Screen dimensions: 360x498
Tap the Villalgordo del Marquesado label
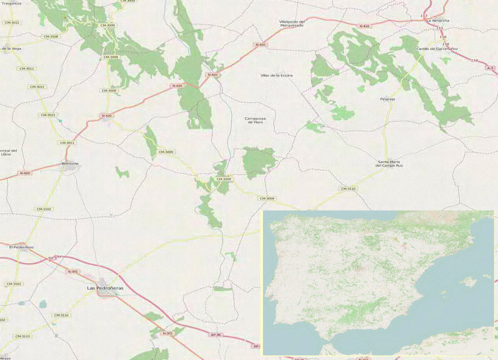pyautogui.click(x=292, y=23)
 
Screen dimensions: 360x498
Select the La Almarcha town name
pyautogui.click(x=438, y=20)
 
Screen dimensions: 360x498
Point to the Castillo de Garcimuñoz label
pyautogui.click(x=437, y=49)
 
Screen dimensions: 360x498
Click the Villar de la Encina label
pyautogui.click(x=276, y=75)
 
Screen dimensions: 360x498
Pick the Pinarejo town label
pyautogui.click(x=388, y=99)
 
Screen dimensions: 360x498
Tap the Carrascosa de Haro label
pyautogui.click(x=255, y=120)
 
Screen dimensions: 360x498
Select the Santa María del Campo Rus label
pyautogui.click(x=389, y=164)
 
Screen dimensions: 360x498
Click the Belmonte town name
pyautogui.click(x=70, y=163)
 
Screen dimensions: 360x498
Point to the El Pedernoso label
pyautogui.click(x=21, y=247)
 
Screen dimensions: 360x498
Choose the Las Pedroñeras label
pyautogui.click(x=105, y=288)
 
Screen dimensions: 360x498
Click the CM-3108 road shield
pyautogui.click(x=51, y=36)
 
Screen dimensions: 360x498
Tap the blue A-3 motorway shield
pyautogui.click(x=490, y=68)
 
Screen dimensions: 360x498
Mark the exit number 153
pyautogui.click(x=424, y=16)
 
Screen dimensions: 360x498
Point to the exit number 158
pyautogui.click(x=474, y=61)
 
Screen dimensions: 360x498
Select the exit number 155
pyautogui.click(x=440, y=28)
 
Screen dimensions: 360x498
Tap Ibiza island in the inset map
pyautogui.click(x=444, y=292)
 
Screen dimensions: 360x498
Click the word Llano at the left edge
pyautogui.click(x=6, y=154)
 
